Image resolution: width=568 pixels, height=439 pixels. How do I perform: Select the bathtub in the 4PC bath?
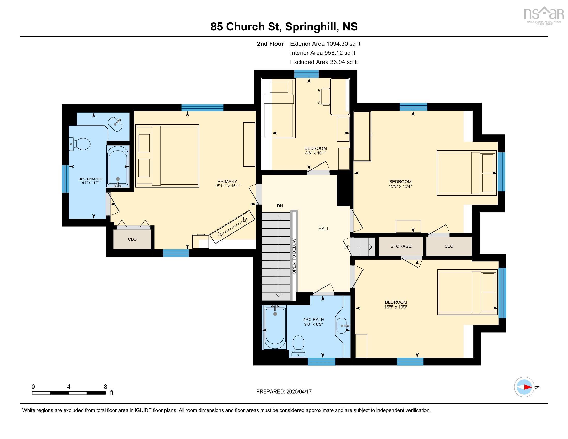pyautogui.click(x=275, y=328)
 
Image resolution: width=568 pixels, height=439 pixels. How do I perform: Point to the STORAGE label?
pyautogui.click(x=401, y=246)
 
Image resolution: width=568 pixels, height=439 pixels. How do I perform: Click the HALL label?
pyautogui.click(x=324, y=229)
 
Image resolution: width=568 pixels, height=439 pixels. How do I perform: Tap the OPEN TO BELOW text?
pyautogui.click(x=294, y=256)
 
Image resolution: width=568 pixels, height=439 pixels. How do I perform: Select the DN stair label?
pyautogui.click(x=280, y=206)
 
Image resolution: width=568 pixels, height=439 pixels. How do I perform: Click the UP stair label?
pyautogui.click(x=346, y=247)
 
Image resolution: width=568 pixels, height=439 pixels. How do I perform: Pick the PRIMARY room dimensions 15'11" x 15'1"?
pyautogui.click(x=227, y=186)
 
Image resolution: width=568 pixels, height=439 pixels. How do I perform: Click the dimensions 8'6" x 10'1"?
pyautogui.click(x=315, y=153)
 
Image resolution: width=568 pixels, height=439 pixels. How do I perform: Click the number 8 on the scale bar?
pyautogui.click(x=105, y=387)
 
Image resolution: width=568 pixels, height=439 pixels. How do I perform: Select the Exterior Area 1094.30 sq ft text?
pyautogui.click(x=325, y=44)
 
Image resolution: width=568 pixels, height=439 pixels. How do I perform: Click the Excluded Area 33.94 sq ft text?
pyautogui.click(x=324, y=62)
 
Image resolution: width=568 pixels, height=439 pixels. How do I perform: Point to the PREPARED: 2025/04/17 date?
pyautogui.click(x=284, y=391)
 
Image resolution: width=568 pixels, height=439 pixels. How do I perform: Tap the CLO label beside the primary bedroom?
pyautogui.click(x=132, y=239)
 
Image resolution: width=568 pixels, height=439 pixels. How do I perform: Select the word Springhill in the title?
pyautogui.click(x=311, y=27)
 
